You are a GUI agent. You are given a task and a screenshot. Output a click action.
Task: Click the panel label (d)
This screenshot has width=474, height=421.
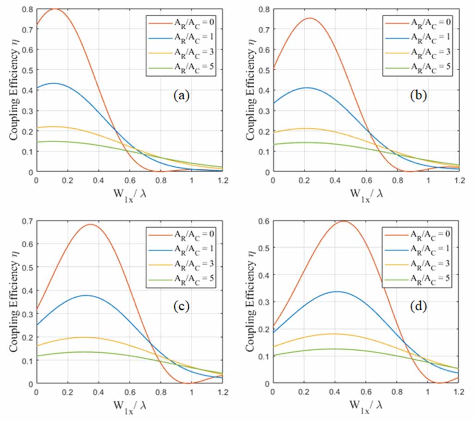click(416, 307)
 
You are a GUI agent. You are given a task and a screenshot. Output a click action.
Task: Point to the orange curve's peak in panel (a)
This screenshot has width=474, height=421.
click(55, 8)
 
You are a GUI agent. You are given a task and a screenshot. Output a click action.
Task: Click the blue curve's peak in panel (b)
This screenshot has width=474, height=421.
click(306, 87)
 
